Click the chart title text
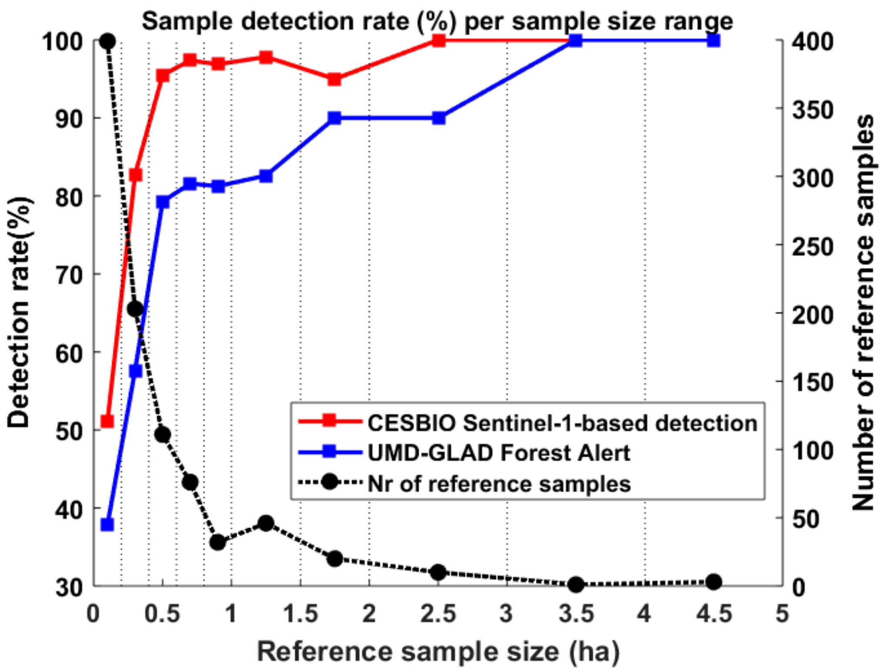[x=437, y=21]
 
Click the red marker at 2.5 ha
[x=438, y=41]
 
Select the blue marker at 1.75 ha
[x=334, y=118]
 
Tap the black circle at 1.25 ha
[x=266, y=523]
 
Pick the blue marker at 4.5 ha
[x=713, y=41]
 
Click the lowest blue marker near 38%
[x=107, y=525]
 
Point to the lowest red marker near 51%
[x=107, y=421]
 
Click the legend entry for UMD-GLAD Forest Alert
[x=498, y=453]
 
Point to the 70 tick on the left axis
[x=70, y=275]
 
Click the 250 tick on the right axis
[x=812, y=246]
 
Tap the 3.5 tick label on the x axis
[x=576, y=614]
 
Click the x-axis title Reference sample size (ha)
[x=438, y=651]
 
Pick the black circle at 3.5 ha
[x=576, y=584]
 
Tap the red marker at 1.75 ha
[x=334, y=80]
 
